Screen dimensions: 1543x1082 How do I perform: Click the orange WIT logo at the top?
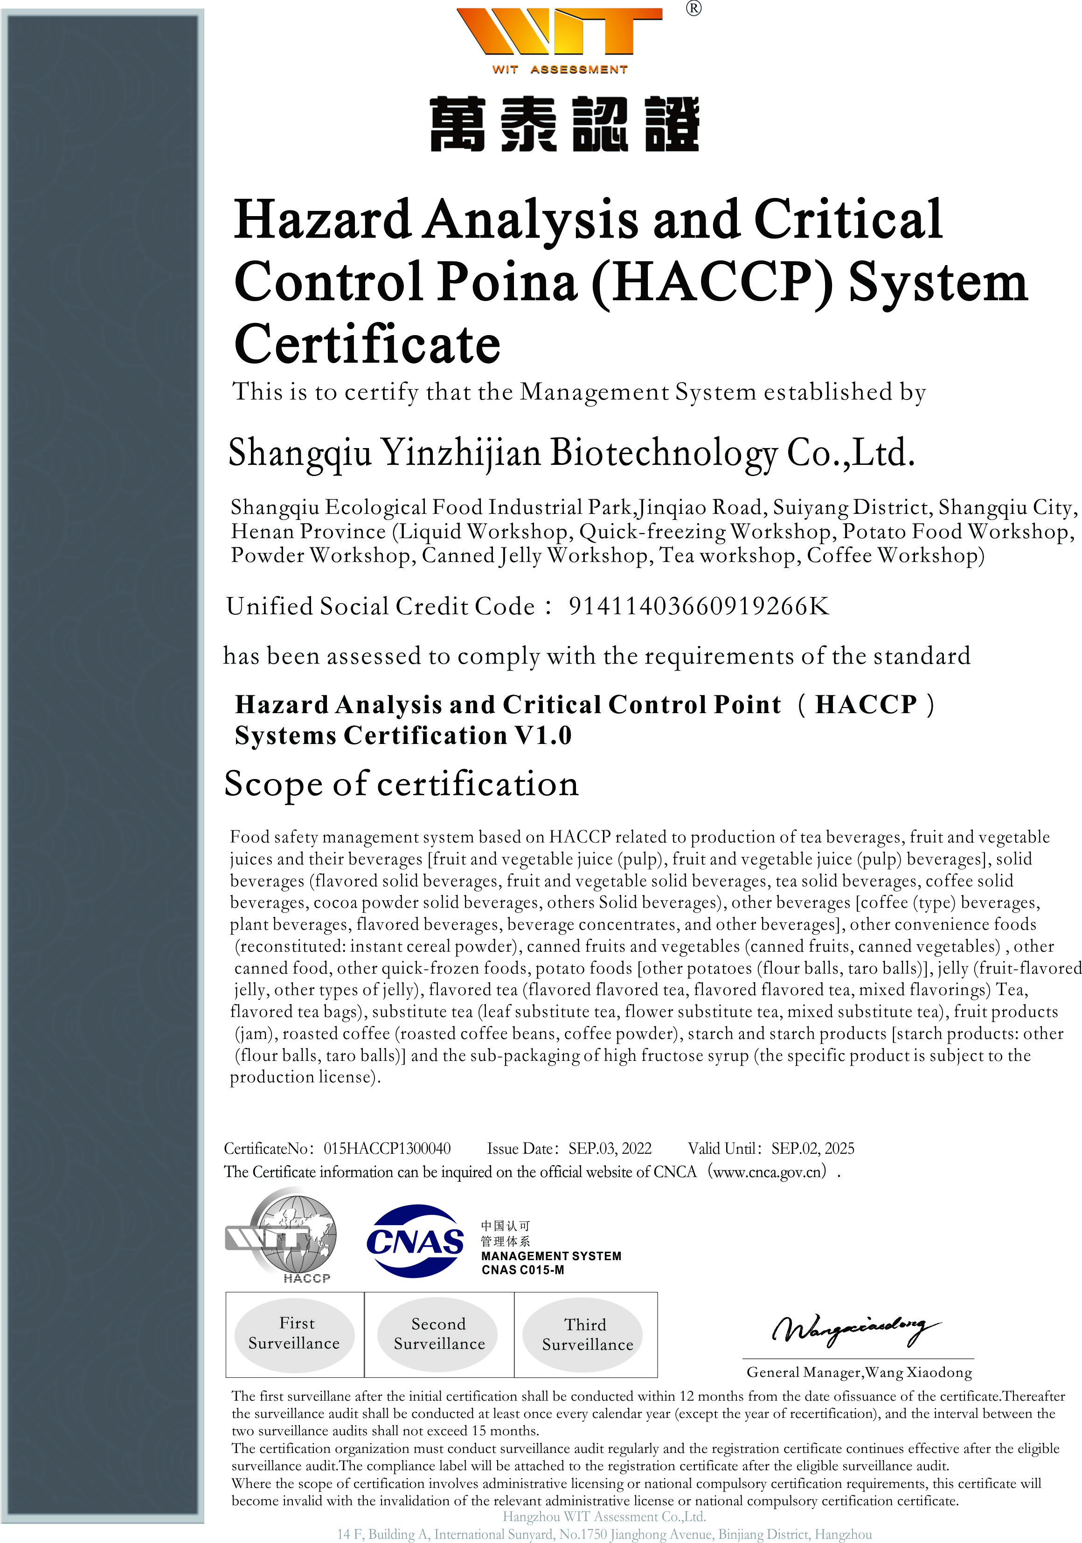pyautogui.click(x=559, y=32)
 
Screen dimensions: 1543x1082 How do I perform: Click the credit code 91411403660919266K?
pyautogui.click(x=699, y=606)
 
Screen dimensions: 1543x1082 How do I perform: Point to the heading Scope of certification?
pyautogui.click(x=401, y=784)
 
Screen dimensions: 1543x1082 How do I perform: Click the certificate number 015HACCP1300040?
pyautogui.click(x=387, y=1149)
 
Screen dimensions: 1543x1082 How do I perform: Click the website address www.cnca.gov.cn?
pyautogui.click(x=769, y=1172)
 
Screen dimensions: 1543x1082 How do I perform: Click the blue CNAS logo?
pyautogui.click(x=415, y=1241)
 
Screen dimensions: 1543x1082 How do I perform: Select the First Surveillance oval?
pyautogui.click(x=294, y=1333)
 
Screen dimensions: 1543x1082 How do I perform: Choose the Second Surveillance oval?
pyautogui.click(x=438, y=1334)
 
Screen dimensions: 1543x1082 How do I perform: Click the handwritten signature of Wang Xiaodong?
pyautogui.click(x=854, y=1329)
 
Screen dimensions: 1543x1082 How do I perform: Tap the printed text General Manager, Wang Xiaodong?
pyautogui.click(x=858, y=1372)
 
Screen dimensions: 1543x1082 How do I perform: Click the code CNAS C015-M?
pyautogui.click(x=522, y=1270)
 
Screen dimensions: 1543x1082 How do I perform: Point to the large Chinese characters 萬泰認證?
pyautogui.click(x=564, y=124)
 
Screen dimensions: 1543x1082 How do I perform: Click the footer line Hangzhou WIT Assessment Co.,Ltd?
pyautogui.click(x=604, y=1516)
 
